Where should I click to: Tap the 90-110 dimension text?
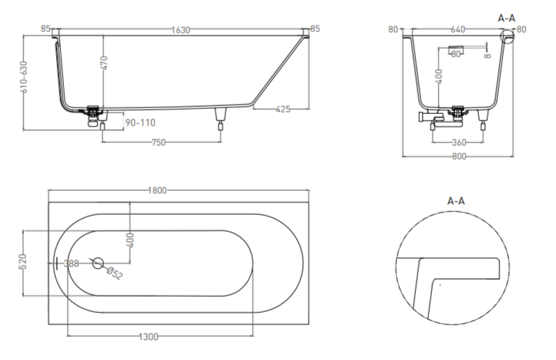coord(141,123)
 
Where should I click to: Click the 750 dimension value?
coord(158,142)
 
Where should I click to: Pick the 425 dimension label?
coord(283,109)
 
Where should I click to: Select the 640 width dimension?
coord(457,30)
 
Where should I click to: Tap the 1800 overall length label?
coord(158,190)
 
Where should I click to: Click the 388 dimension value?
coord(71,263)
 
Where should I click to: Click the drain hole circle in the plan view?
coord(97,263)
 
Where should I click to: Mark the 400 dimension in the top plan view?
coord(130,240)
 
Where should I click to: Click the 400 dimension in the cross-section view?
coord(438,76)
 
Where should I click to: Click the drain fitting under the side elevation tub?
coord(94,114)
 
